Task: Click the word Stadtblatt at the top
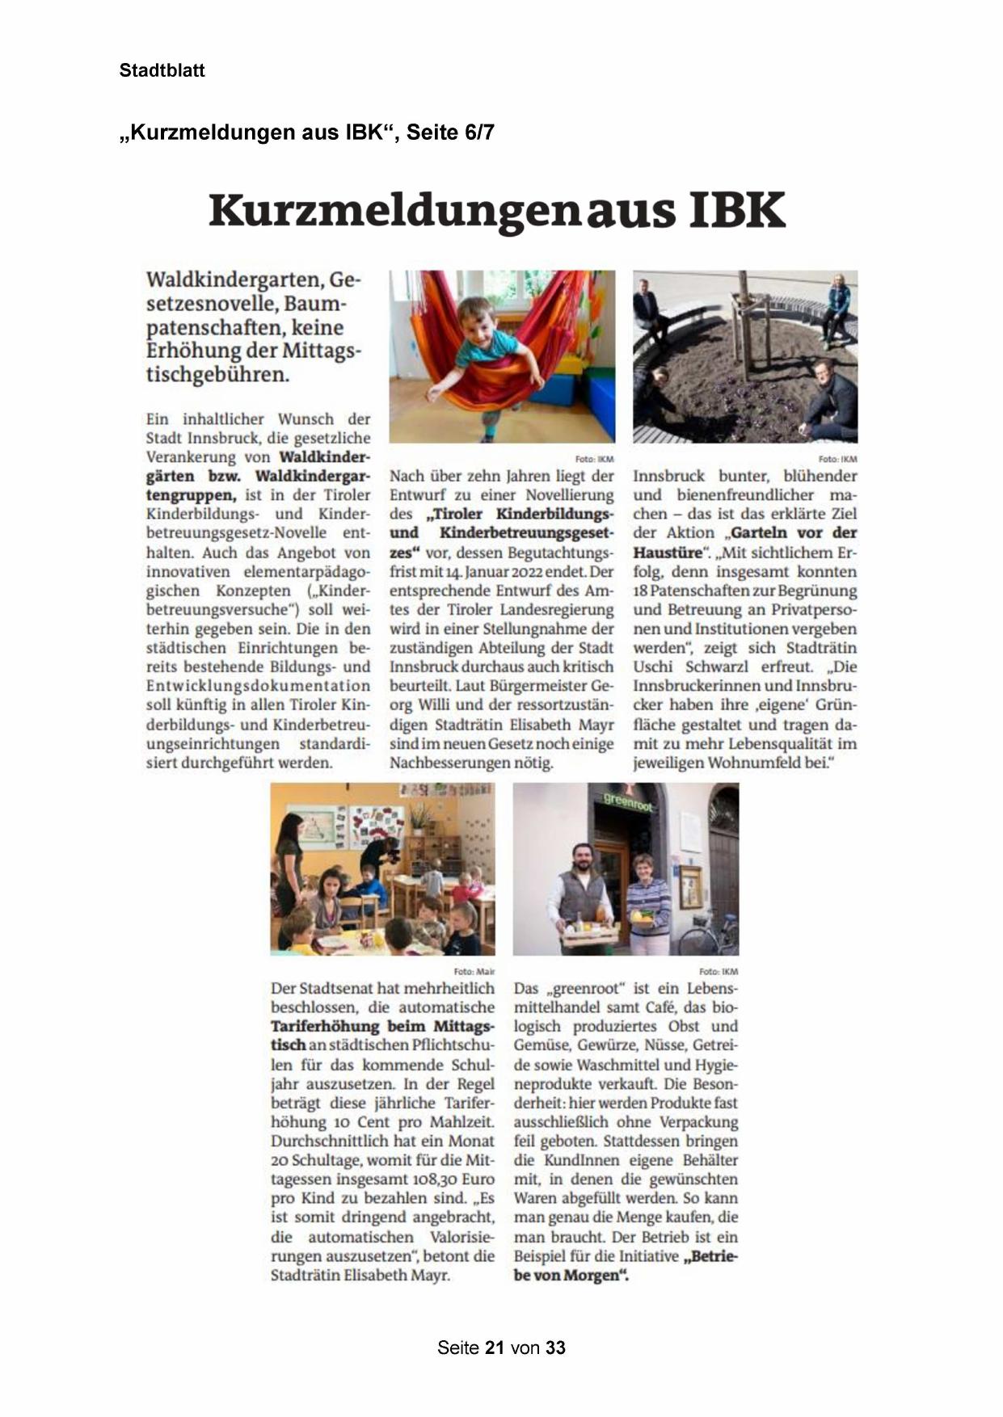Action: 162,70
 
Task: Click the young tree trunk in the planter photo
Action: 745,323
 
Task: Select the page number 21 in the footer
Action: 495,1348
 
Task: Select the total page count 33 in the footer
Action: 555,1348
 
